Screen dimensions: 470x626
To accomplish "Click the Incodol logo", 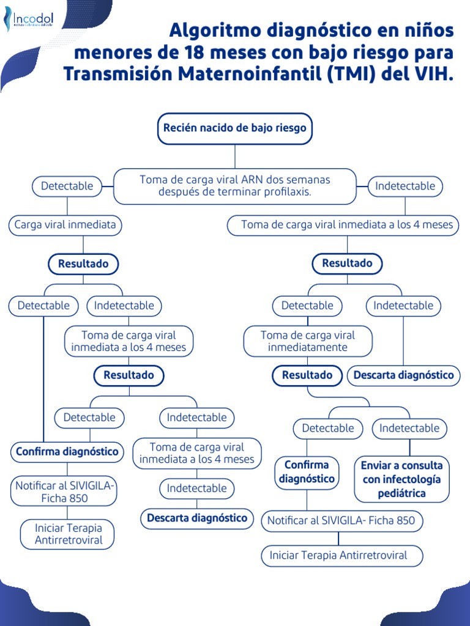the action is coord(29,21).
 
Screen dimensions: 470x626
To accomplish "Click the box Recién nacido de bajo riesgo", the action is coord(235,128).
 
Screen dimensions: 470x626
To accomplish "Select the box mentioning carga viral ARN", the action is coord(235,186).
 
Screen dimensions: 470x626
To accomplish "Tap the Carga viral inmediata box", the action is coord(65,225).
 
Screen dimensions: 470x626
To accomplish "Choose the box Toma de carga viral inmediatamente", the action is coord(307,341).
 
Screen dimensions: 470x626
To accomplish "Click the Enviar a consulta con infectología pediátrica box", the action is coord(402,479).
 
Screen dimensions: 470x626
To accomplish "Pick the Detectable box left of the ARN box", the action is coord(67,186).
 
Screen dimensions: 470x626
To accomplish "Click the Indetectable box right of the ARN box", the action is coord(405,186).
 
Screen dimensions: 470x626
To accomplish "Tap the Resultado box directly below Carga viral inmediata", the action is coord(83,264).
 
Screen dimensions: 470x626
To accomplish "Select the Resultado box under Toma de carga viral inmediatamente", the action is coord(307,375).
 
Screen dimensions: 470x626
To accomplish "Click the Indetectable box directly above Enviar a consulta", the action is coord(409,429).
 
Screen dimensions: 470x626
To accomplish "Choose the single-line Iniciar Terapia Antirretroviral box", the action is coord(342,556).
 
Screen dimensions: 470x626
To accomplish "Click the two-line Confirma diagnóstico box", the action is coord(307,472).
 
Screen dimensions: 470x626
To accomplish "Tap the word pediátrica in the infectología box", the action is coord(402,493).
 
